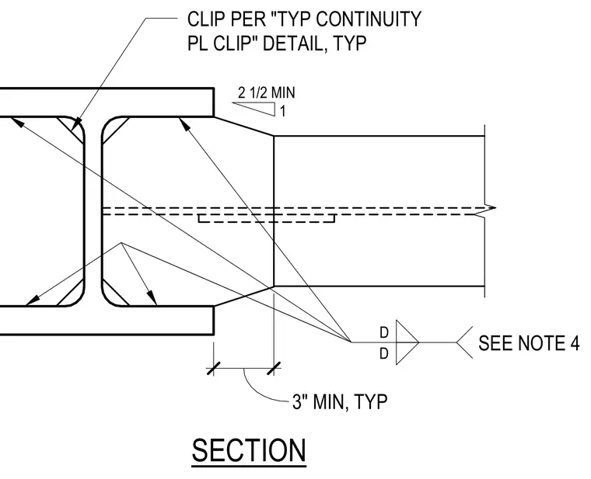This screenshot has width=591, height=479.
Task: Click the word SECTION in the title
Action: point(249,450)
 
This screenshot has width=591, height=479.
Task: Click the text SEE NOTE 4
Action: point(529,343)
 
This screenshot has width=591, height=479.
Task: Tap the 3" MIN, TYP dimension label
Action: point(340,402)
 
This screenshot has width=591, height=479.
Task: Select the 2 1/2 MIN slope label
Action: point(267,92)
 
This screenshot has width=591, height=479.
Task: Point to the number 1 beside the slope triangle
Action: point(283,111)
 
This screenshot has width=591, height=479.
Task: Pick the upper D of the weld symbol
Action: point(383,332)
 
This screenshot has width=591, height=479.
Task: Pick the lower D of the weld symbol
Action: point(383,354)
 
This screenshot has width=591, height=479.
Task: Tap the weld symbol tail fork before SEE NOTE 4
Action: point(463,342)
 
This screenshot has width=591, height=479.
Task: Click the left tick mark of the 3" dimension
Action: point(213,369)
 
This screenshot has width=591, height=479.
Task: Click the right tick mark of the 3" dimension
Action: point(274,369)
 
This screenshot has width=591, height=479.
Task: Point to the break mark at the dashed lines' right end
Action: point(489,211)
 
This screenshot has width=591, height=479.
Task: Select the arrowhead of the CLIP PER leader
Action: point(76,123)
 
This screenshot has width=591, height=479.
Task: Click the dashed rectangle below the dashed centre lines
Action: point(267,219)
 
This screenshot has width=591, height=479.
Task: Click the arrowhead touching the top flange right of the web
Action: point(184,124)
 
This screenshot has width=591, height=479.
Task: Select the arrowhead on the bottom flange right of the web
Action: point(152,297)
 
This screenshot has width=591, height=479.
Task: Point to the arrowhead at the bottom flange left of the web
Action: point(33,300)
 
